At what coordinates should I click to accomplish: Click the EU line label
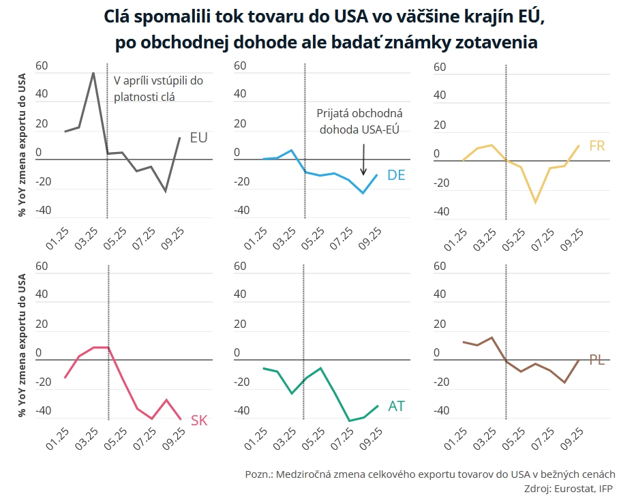[198, 138]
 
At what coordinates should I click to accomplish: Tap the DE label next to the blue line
[396, 175]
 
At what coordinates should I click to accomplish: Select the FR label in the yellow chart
[597, 146]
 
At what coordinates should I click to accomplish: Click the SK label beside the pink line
[199, 421]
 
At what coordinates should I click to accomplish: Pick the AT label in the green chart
[396, 406]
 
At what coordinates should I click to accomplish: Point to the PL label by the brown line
[597, 360]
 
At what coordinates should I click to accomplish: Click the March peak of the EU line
[93, 72]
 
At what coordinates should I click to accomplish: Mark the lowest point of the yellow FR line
[536, 202]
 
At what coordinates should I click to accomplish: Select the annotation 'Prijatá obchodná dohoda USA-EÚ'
[360, 121]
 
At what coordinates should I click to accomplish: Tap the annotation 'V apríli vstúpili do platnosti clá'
[158, 89]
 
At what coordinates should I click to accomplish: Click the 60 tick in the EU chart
[42, 67]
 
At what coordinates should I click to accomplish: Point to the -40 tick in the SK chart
[42, 411]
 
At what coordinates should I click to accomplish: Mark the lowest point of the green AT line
[349, 421]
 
